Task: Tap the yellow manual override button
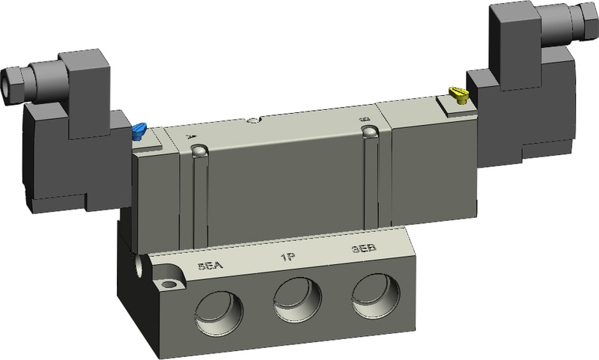[457, 94]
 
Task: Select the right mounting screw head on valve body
[368, 132]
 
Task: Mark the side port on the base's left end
[140, 265]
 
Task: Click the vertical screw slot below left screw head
[200, 202]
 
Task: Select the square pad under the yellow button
[457, 107]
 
